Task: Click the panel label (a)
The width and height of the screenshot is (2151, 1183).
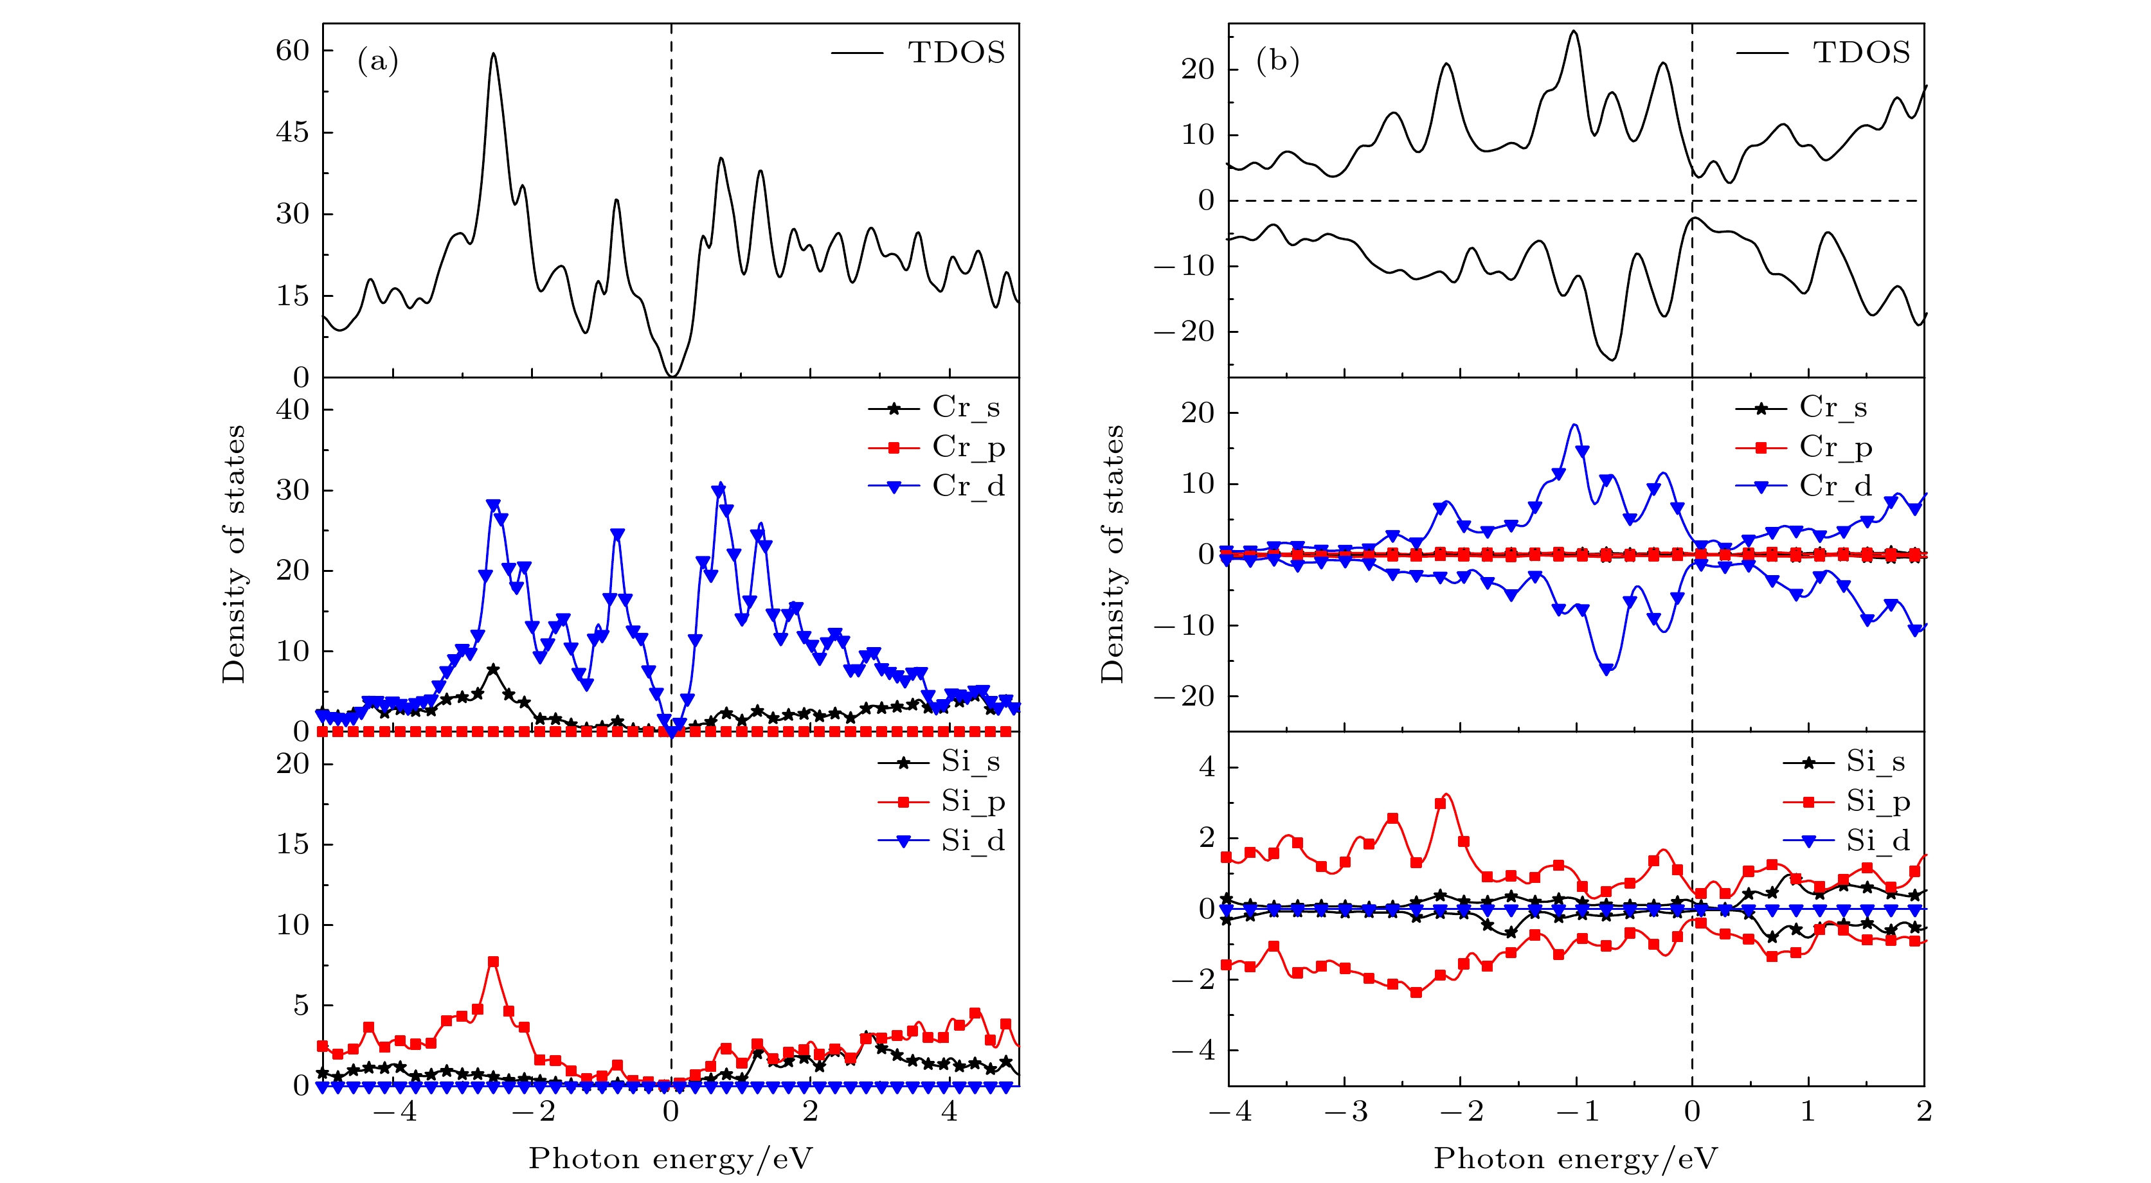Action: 377,61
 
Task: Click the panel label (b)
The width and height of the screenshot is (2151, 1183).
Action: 1277,61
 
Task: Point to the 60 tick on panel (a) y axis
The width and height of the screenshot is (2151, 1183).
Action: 293,51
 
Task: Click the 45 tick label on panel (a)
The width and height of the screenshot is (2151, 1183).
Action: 293,132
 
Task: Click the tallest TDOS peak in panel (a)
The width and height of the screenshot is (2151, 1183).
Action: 494,54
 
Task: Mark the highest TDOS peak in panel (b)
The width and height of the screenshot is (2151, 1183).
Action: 1574,31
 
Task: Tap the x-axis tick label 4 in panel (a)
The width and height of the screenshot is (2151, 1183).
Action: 950,1111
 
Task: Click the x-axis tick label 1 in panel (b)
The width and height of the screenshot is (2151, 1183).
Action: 1808,1111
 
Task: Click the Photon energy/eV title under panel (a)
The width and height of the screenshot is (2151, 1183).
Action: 670,1159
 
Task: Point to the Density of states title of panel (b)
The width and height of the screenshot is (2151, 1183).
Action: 1112,553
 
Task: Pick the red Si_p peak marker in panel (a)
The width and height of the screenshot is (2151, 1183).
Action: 494,962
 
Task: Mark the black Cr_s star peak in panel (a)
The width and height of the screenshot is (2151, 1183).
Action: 494,670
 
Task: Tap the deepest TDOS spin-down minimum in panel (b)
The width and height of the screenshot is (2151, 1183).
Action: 1612,360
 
